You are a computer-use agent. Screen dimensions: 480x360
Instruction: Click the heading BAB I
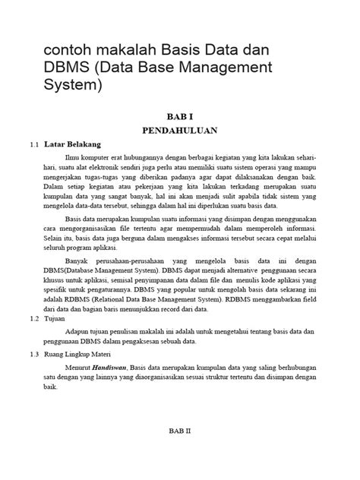point(180,115)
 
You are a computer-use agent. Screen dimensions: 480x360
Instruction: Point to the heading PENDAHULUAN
point(180,130)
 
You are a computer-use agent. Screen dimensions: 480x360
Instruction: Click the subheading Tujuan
point(55,320)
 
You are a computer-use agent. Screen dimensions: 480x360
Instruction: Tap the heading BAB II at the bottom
point(180,428)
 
